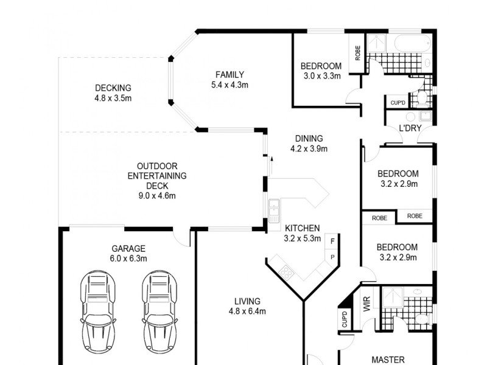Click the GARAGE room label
128,248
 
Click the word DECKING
113,88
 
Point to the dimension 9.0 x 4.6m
157,195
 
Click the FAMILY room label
225,75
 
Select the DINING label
309,139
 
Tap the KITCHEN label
303,228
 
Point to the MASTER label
388,360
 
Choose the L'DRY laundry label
410,129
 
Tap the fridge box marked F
332,242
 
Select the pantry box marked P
332,257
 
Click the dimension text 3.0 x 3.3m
321,76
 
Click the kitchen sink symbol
274,209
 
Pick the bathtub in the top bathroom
412,44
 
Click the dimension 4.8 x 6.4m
247,311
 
